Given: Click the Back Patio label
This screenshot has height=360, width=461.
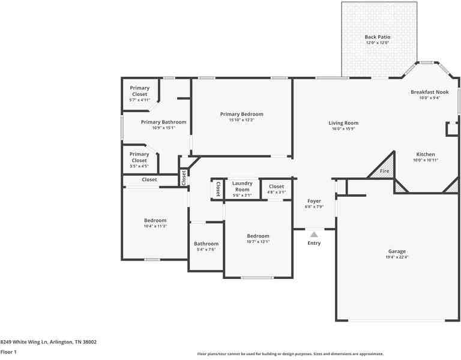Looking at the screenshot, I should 377,37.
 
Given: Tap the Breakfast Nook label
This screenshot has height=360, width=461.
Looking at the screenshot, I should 429,92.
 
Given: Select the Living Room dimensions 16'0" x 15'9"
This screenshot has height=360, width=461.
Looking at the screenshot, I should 343,128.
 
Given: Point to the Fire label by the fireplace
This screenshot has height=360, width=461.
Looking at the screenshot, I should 384,172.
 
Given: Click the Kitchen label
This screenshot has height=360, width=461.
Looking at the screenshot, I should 426,154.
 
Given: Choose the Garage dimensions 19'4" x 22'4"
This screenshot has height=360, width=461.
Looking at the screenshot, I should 397,257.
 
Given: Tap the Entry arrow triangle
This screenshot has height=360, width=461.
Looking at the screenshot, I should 314,235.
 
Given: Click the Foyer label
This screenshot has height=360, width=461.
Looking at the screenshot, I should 314,201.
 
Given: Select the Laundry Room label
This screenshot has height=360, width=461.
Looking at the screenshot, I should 242,186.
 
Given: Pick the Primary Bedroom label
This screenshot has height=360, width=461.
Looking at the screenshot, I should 241,114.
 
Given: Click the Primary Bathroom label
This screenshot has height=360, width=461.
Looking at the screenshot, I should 163,122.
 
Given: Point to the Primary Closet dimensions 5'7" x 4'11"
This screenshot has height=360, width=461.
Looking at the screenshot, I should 139,100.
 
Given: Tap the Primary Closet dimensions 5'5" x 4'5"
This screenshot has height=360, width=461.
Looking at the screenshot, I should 139,166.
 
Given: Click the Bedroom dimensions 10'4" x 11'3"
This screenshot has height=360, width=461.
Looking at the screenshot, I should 155,226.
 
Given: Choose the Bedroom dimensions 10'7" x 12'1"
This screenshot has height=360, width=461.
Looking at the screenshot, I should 258,242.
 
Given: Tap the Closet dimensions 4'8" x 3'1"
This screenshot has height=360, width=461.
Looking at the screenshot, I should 276,192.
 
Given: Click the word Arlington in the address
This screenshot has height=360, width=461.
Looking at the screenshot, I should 62,342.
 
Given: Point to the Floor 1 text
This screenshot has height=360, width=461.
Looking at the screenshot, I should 8,352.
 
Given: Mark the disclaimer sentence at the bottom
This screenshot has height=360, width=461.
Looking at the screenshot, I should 290,354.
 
